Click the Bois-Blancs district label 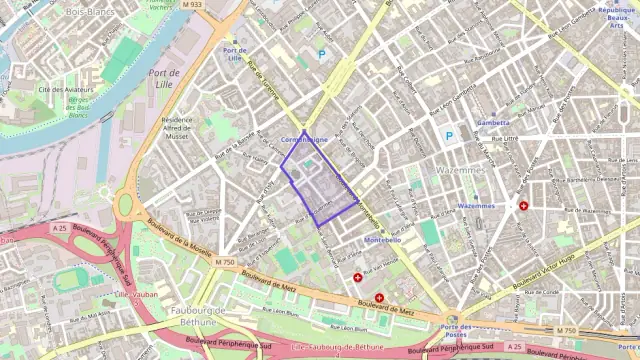coord(88,11)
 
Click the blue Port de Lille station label coord(236,54)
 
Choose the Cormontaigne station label coord(305,139)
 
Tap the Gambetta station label coord(493,123)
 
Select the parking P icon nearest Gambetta coord(449,136)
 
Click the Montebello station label coord(383,240)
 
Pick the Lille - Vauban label coord(137,295)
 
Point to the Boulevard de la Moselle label coord(180,238)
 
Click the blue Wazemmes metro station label coord(476,206)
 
